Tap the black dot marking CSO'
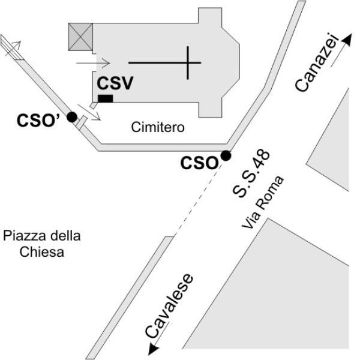72,117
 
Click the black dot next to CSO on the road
226,156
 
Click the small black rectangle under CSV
106,98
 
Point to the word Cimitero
157,127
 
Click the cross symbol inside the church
188,62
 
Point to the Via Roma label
263,203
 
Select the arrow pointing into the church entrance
94,62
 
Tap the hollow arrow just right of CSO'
94,113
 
